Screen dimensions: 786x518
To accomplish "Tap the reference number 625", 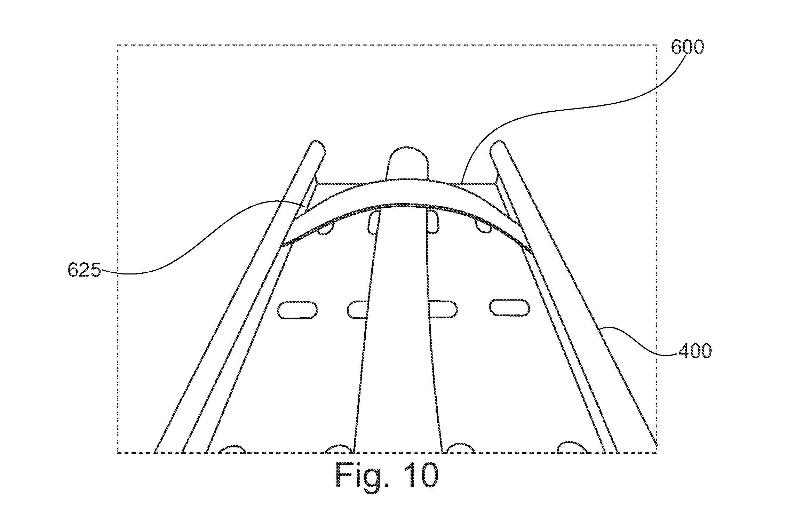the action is point(84,270).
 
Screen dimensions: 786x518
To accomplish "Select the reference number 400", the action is point(695,351).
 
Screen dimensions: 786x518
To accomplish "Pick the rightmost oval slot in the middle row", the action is point(510,308).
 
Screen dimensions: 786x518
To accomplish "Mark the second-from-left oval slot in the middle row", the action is point(358,309).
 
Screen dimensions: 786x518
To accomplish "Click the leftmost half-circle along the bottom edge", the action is point(232,449).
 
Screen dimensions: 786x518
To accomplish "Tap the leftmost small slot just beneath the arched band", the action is point(326,229).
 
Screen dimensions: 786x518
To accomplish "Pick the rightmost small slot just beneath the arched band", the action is point(484,226).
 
